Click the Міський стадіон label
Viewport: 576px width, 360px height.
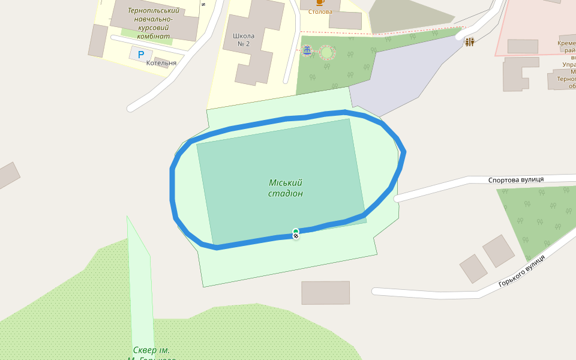coord(285,188)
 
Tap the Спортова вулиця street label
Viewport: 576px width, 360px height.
coord(515,179)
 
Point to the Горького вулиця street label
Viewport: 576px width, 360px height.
coord(521,271)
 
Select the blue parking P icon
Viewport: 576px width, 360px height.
coord(141,55)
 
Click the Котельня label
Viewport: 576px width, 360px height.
coord(161,63)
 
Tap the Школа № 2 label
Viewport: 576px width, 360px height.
coord(244,40)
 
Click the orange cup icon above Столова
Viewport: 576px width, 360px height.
coord(320,2)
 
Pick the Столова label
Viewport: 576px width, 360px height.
coord(320,11)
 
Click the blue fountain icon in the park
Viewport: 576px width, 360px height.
coord(307,51)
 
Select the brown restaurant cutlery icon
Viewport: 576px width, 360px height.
coord(469,41)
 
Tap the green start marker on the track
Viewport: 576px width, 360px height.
coord(296,231)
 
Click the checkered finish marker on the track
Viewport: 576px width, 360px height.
coord(296,236)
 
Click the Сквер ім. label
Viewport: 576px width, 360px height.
coord(151,350)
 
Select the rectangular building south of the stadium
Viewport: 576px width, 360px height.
coord(325,292)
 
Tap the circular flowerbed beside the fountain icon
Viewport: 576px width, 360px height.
coord(327,53)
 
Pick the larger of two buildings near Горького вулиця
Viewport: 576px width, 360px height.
coord(499,250)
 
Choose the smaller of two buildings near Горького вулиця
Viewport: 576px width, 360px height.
coord(473,268)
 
